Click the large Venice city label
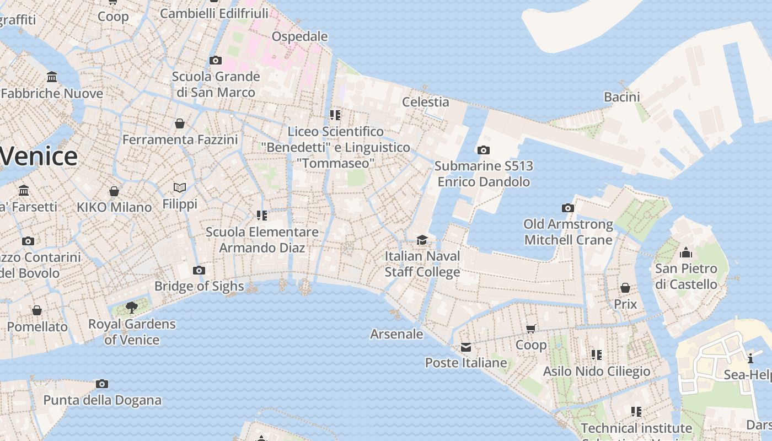(39, 157)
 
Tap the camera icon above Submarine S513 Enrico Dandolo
(484, 150)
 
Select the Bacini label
(622, 97)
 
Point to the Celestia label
(425, 102)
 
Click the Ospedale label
(299, 36)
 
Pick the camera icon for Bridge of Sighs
(199, 270)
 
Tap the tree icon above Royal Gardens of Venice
(131, 307)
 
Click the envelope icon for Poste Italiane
(466, 347)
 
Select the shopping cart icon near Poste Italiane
(531, 329)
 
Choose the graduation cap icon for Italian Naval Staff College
(422, 240)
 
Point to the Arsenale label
(396, 334)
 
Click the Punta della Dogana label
(103, 400)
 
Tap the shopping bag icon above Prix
(625, 288)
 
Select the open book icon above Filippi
(180, 187)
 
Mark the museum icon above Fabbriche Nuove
(52, 77)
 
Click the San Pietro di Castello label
(686, 277)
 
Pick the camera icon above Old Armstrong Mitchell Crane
(568, 208)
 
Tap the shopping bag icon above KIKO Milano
(114, 191)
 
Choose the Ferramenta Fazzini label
(180, 139)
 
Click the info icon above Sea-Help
(750, 359)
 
